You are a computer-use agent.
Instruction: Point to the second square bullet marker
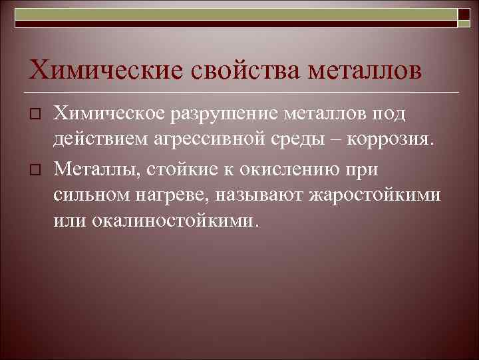click(37, 169)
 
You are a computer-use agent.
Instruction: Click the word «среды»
click(311, 142)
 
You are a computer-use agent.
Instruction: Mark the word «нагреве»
click(169, 195)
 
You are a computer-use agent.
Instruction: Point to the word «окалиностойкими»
click(166, 221)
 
